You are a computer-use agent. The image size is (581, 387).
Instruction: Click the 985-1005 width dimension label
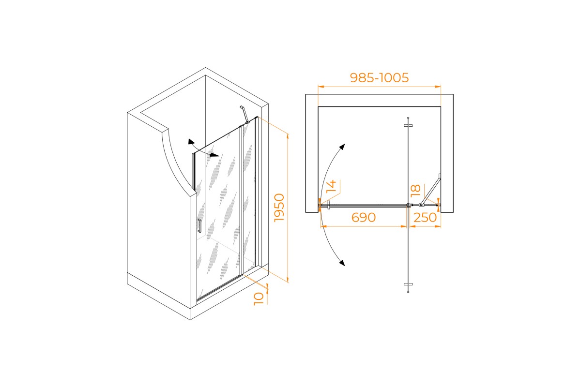click(379, 77)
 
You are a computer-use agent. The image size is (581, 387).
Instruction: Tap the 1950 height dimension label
click(279, 208)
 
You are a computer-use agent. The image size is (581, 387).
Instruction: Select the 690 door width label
click(364, 217)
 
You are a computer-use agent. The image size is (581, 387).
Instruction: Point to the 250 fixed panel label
click(425, 218)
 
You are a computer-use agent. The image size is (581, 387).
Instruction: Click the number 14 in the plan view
click(331, 187)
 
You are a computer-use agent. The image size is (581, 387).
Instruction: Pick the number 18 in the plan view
click(415, 190)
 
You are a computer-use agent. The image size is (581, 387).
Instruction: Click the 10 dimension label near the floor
click(259, 299)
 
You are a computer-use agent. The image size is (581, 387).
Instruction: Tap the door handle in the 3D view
click(199, 226)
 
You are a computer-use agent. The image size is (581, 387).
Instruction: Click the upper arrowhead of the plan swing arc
click(342, 147)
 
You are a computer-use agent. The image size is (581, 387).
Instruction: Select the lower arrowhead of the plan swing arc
click(342, 263)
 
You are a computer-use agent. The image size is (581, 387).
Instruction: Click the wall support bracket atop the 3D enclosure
click(245, 114)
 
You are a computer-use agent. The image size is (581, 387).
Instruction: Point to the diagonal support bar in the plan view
click(430, 190)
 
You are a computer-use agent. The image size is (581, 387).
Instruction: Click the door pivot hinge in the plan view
click(409, 205)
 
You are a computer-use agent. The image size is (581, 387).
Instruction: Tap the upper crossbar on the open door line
click(408, 125)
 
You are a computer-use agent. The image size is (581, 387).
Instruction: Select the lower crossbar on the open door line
click(408, 284)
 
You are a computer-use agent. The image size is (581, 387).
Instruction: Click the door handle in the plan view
click(329, 205)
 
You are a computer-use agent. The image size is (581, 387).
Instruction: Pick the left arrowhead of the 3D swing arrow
click(191, 142)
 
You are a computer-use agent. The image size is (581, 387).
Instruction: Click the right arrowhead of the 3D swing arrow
click(215, 155)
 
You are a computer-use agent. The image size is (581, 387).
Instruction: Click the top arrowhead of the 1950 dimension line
click(288, 136)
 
